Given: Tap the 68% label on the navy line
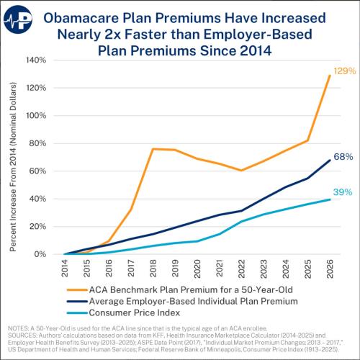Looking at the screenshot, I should (343, 157).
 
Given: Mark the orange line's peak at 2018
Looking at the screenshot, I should (133, 149).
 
